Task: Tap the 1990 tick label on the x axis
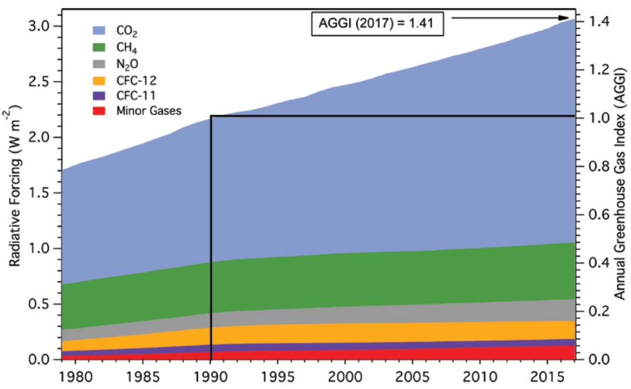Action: click(211, 373)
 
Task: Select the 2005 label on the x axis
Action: click(415, 373)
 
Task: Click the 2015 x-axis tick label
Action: click(550, 373)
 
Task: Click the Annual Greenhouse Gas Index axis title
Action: click(618, 192)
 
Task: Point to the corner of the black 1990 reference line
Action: click(211, 116)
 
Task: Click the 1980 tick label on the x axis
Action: click(75, 373)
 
